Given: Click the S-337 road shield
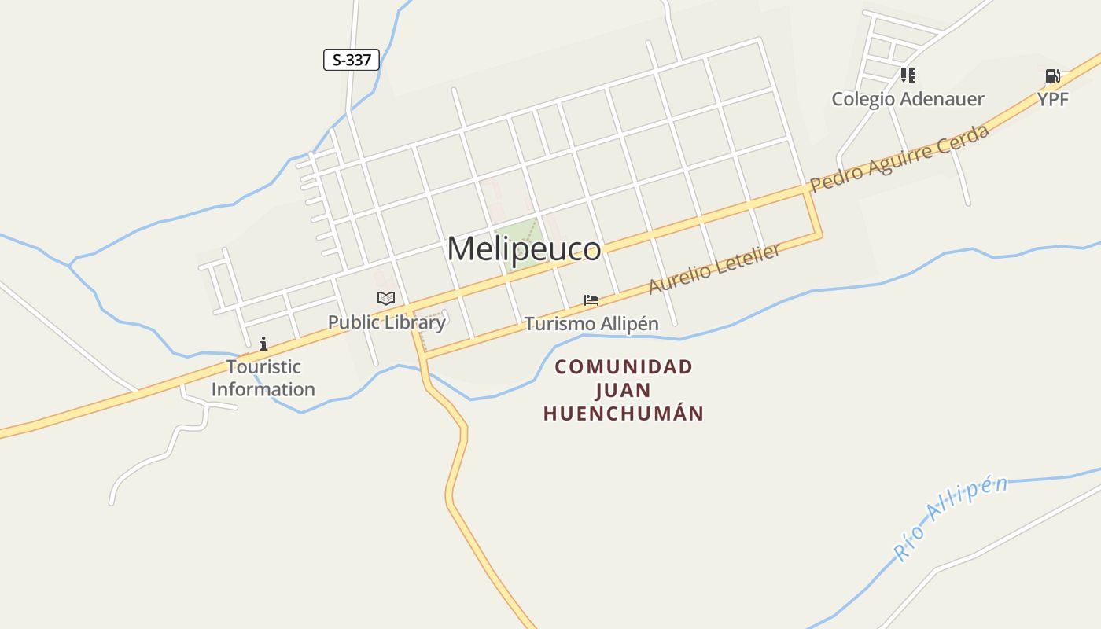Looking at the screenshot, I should pyautogui.click(x=352, y=60).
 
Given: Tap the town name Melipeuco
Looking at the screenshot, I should pyautogui.click(x=524, y=248).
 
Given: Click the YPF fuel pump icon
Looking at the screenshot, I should pyautogui.click(x=1052, y=76).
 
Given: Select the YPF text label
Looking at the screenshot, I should pyautogui.click(x=1052, y=99).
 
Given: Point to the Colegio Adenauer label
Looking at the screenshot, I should pyautogui.click(x=908, y=99).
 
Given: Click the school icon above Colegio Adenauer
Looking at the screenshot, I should pyautogui.click(x=908, y=75).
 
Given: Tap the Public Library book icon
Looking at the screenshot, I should pyautogui.click(x=385, y=298).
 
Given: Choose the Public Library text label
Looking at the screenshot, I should pyautogui.click(x=386, y=322).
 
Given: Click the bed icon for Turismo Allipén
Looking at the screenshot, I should pyautogui.click(x=591, y=300).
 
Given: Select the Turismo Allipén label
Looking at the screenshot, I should pyautogui.click(x=591, y=324).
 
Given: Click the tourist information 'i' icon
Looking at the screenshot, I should pyautogui.click(x=263, y=344).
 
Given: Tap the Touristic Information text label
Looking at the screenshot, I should pyautogui.click(x=263, y=377).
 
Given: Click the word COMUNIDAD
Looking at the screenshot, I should pyautogui.click(x=624, y=367).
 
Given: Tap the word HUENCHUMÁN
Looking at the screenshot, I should pyautogui.click(x=624, y=414).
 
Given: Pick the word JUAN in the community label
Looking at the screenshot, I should pyautogui.click(x=624, y=391).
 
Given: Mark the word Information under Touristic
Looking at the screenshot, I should pyautogui.click(x=263, y=389).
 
